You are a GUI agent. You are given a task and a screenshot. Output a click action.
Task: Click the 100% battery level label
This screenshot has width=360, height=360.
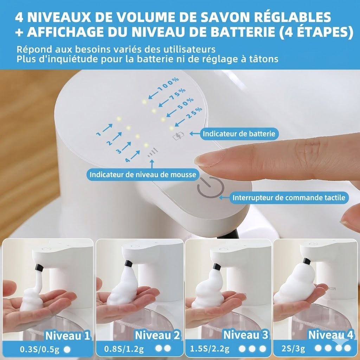point(168,85)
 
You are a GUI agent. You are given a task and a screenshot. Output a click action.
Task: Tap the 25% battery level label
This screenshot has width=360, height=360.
point(194,113)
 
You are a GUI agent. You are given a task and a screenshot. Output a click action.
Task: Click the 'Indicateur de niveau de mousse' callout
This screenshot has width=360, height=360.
point(143,174)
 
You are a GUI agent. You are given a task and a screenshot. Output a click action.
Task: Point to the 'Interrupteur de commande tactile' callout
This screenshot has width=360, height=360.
point(289,198)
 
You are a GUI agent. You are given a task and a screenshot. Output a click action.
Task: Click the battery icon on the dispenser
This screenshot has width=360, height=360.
point(178,135)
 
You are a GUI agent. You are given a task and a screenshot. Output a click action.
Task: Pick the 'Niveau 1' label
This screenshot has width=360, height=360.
point(67,335)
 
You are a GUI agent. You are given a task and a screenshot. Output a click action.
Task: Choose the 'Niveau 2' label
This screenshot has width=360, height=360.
point(157,335)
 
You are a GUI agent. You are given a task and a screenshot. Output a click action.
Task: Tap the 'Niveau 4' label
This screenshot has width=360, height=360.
point(330,335)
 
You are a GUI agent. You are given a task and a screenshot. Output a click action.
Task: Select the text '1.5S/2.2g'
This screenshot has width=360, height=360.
point(210,349)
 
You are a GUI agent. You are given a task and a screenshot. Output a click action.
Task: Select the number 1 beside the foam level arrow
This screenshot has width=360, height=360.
point(99,134)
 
